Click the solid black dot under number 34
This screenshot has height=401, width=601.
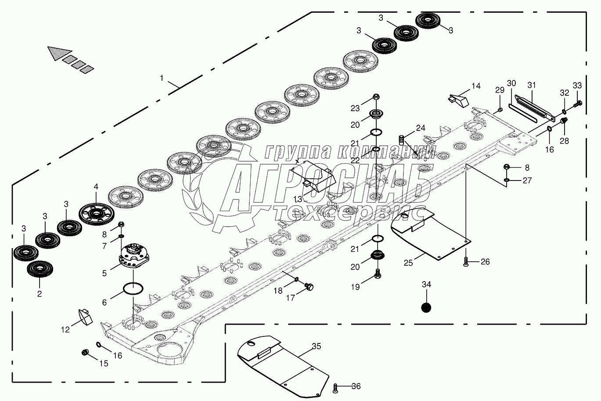coord(426,307)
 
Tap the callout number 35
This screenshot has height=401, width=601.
coord(317,346)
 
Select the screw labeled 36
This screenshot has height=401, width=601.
coord(335,388)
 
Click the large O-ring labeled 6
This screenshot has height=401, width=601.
coord(133,289)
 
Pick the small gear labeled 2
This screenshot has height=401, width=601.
coord(40,269)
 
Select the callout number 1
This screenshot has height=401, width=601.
coord(162,78)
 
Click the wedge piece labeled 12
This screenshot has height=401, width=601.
coord(85,317)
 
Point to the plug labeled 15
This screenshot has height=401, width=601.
coord(85,352)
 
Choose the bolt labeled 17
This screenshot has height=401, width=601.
coord(309,286)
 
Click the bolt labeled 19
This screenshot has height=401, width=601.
coord(378,273)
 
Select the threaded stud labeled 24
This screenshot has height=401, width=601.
coord(401,140)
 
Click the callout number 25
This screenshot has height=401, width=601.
coord(408,263)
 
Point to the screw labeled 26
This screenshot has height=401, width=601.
coord(466,261)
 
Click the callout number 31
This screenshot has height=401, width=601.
coord(532,85)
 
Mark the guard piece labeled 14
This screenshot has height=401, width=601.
coord(458,100)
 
